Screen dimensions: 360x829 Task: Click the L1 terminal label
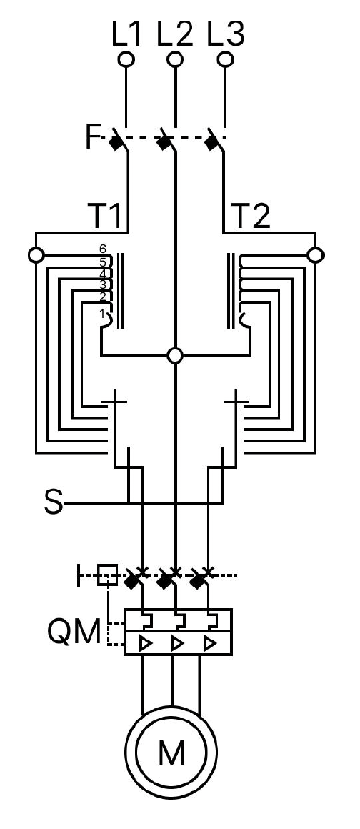[127, 35]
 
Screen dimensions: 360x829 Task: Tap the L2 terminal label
[175, 35]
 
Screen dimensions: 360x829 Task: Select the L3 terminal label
[226, 35]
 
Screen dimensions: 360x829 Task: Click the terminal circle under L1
[126, 59]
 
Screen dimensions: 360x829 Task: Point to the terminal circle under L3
[226, 59]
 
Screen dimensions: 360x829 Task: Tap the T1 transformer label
[106, 216]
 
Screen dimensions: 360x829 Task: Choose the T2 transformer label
[251, 216]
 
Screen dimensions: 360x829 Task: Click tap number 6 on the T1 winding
[103, 249]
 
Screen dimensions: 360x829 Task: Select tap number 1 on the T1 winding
[103, 314]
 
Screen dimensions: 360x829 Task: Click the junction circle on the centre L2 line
[175, 355]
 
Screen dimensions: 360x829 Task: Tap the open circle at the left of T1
[36, 255]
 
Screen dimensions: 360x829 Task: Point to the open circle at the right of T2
[316, 255]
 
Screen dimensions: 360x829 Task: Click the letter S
[54, 502]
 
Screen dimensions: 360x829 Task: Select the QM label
[74, 632]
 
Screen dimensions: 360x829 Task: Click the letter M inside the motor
[171, 753]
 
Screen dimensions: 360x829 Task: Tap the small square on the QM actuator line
[107, 575]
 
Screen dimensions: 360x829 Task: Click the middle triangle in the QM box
[178, 644]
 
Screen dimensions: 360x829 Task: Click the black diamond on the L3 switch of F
[211, 142]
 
